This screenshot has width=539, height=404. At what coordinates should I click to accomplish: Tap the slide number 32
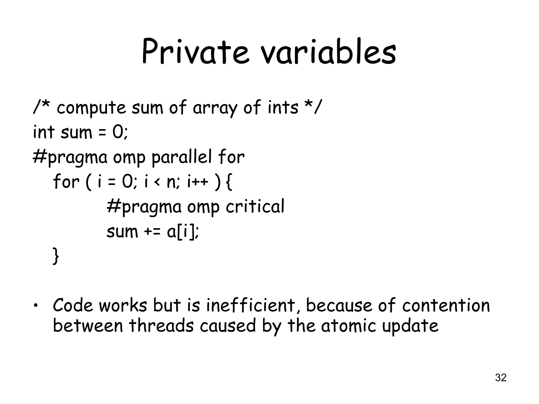[501, 377]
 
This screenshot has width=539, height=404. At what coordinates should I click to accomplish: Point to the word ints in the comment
[283, 108]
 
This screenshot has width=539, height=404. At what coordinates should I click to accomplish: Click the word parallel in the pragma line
[182, 157]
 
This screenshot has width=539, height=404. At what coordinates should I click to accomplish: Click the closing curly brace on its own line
[56, 256]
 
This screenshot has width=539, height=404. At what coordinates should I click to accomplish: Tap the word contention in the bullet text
[446, 306]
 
